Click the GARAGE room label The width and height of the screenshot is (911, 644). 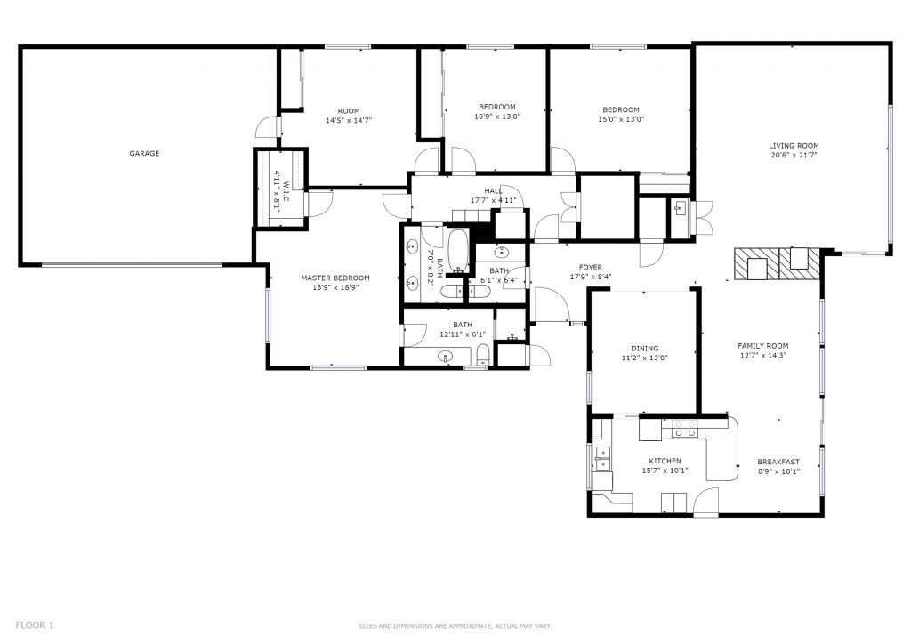pyautogui.click(x=144, y=153)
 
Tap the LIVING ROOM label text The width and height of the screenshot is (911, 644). pyautogui.click(x=794, y=146)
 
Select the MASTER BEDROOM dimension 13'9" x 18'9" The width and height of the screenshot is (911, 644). pyautogui.click(x=335, y=287)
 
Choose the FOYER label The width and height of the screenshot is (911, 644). pyautogui.click(x=591, y=268)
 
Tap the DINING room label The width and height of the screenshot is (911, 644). pyautogui.click(x=644, y=349)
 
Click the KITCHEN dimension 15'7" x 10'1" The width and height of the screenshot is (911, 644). pyautogui.click(x=665, y=471)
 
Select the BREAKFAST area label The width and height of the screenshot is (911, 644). pyautogui.click(x=778, y=462)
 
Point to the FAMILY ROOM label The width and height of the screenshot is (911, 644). pyautogui.click(x=762, y=345)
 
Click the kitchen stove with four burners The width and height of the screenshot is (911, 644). pyautogui.click(x=684, y=429)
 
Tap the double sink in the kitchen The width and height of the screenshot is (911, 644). pyautogui.click(x=602, y=458)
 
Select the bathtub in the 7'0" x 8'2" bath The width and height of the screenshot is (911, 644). pyautogui.click(x=458, y=251)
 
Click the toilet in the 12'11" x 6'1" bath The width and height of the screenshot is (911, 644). pyautogui.click(x=483, y=355)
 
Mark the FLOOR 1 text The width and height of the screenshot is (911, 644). pyautogui.click(x=35, y=624)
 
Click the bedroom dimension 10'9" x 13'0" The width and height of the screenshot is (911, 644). pyautogui.click(x=497, y=117)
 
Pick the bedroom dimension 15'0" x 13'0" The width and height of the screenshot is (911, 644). pyautogui.click(x=621, y=119)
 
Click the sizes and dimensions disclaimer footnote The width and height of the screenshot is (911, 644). pyautogui.click(x=455, y=626)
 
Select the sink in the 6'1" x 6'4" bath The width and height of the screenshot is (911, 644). pyautogui.click(x=502, y=252)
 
